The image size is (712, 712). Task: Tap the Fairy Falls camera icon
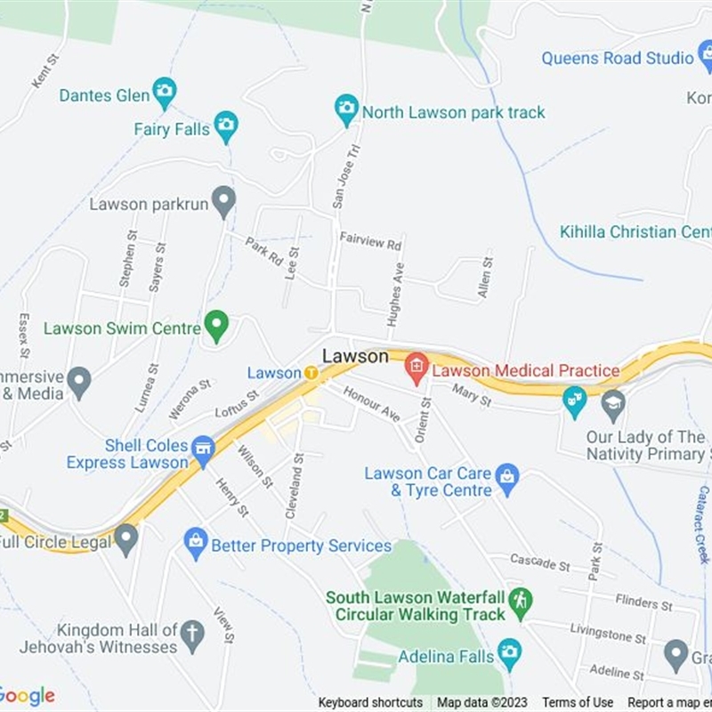coord(226,126)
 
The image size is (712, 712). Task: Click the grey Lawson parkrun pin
coord(223,201)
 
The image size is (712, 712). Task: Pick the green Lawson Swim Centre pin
coord(215,325)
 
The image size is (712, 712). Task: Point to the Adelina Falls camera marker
coord(509,654)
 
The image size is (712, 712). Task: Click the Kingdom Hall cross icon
coord(191,635)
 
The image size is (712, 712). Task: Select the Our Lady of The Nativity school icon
coord(612,405)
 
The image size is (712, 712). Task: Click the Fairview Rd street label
coord(370,240)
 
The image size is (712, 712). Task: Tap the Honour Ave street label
coord(371,402)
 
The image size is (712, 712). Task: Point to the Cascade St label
coord(540,562)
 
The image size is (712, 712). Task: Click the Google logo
coord(28,695)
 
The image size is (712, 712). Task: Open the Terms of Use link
coord(578,703)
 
